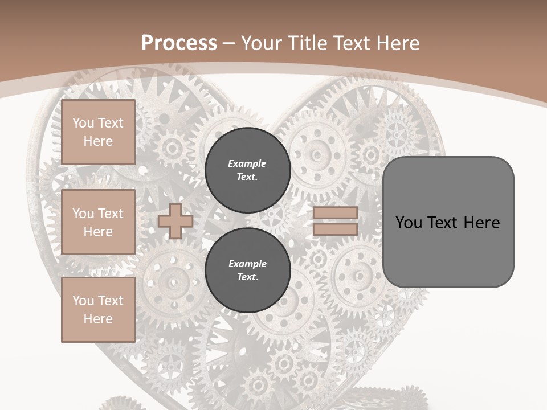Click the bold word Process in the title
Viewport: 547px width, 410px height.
(179, 43)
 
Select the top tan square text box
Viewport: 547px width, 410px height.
(98, 132)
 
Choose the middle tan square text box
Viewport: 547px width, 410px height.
(98, 222)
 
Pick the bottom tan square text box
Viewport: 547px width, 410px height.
(98, 310)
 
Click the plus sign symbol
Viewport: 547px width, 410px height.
(175, 221)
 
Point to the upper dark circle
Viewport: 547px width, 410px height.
(247, 170)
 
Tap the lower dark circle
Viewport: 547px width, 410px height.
(247, 270)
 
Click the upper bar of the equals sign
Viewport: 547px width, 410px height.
(335, 213)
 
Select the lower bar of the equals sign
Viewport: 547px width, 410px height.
(335, 229)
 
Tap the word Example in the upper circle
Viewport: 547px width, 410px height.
(247, 163)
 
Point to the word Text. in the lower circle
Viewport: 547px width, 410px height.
(247, 277)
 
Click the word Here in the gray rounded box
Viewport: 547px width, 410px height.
(481, 223)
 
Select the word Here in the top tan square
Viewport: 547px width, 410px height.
(98, 141)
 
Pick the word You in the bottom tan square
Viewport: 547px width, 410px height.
(83, 301)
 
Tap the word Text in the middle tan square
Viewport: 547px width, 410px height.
(110, 214)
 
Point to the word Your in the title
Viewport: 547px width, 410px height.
(261, 43)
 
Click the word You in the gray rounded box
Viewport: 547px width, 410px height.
(409, 223)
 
